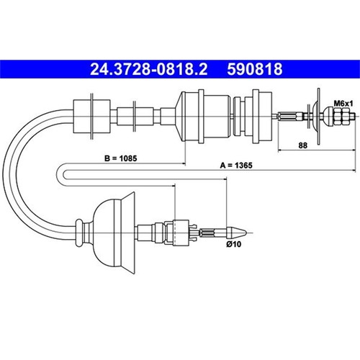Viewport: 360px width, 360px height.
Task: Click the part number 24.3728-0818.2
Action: [149, 69]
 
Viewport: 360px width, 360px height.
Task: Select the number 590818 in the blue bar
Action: [255, 69]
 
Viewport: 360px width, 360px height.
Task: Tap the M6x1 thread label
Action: [343, 104]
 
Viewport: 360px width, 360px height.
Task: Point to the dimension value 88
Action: [302, 145]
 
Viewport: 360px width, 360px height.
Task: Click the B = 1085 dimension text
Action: [121, 158]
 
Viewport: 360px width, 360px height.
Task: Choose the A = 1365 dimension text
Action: [236, 166]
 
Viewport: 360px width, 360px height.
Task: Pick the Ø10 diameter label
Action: [233, 244]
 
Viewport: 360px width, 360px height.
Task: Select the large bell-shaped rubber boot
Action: [114, 233]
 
